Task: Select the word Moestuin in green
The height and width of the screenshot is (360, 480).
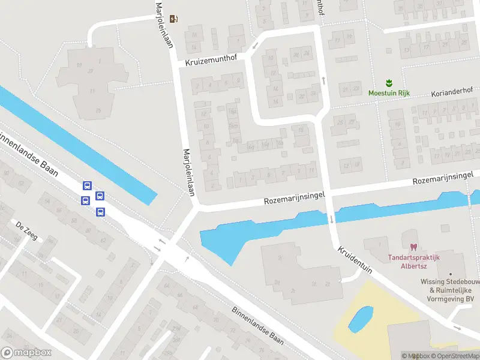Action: [x=382, y=93]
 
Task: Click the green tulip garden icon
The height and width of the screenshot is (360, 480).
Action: [x=388, y=83]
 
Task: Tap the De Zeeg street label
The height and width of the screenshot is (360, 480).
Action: [x=27, y=231]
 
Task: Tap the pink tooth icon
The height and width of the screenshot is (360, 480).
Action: [x=413, y=247]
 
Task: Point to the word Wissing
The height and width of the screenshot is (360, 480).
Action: [x=434, y=281]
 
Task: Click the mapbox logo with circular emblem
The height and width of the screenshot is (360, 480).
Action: [x=26, y=353]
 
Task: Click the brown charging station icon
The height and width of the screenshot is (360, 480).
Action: [x=174, y=19]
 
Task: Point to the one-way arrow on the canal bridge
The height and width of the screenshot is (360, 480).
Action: [x=331, y=220]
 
